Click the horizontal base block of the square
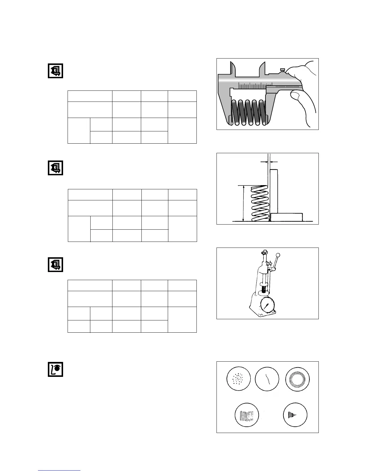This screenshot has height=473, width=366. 286,217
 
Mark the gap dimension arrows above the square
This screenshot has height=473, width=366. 269,162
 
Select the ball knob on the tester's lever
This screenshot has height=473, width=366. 278,255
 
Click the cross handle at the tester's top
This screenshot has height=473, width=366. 264,253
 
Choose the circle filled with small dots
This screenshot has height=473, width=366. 238,379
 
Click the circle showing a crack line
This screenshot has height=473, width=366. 267,379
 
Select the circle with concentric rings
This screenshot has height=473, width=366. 298,379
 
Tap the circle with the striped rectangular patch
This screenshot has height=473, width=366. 247,415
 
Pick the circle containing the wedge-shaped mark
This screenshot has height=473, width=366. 295,415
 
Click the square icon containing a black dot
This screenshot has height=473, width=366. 56,369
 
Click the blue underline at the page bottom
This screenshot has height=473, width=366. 59,470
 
